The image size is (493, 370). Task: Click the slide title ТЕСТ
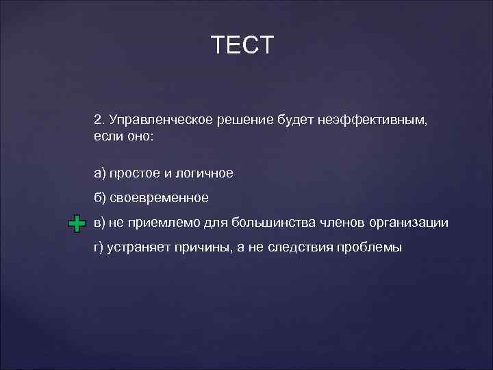[x=242, y=45]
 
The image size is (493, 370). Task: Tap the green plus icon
[x=77, y=223]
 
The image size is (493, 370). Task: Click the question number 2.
[x=98, y=120]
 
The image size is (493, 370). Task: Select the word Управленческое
[x=160, y=121]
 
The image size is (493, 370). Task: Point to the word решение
[x=245, y=121]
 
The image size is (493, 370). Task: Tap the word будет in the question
[x=294, y=121]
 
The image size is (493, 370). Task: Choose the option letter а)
[x=100, y=174]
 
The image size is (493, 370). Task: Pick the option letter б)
[x=100, y=198]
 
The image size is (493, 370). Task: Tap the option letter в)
[x=100, y=223]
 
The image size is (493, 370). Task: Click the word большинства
[x=271, y=223]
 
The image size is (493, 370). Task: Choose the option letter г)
[x=99, y=247]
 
